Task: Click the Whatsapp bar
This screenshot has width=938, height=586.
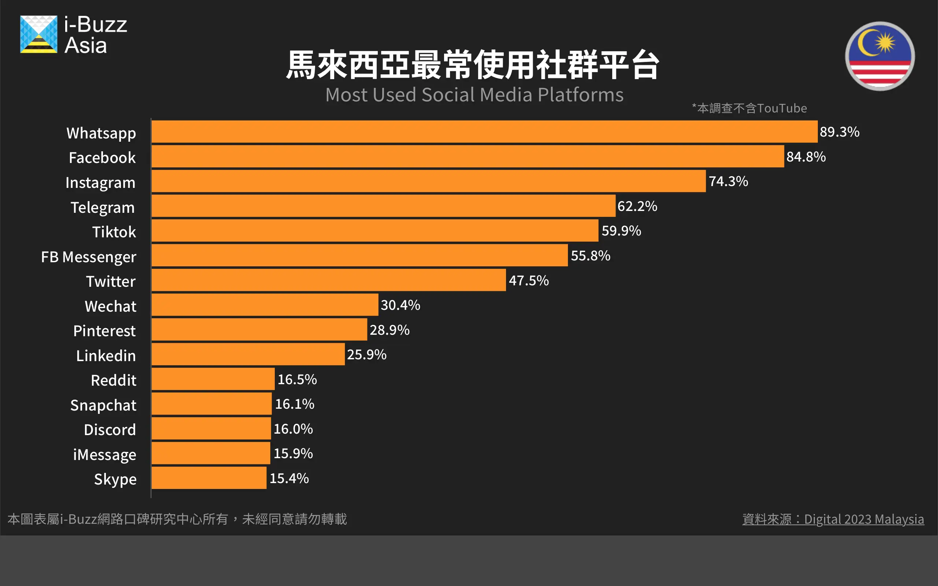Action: pos(484,132)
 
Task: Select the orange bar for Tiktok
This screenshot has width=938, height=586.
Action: pos(375,231)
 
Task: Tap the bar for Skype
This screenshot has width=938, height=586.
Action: pos(209,478)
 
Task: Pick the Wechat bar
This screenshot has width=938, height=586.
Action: pos(265,305)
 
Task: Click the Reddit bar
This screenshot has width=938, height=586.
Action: pos(213,379)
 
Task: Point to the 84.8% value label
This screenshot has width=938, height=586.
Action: pos(806,157)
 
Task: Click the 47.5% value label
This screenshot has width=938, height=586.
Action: pos(529,280)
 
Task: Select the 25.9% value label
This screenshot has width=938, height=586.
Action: pos(367,354)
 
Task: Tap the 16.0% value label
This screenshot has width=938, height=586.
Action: pos(293,429)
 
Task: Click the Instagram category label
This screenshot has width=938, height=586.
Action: pos(100,182)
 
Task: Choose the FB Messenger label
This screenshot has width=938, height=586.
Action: pos(89,257)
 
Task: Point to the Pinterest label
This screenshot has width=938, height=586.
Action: pos(104,331)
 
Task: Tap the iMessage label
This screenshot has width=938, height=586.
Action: pos(105,455)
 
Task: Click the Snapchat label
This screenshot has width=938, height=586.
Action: pos(103,405)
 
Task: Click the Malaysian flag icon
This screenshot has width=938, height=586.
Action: pos(880,56)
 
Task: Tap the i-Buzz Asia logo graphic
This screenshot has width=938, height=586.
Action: pos(39,34)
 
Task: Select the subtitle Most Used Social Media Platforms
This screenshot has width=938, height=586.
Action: pos(474,95)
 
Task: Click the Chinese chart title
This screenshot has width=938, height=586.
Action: pos(473,65)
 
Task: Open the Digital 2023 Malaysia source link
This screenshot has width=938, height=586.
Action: pos(833,519)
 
